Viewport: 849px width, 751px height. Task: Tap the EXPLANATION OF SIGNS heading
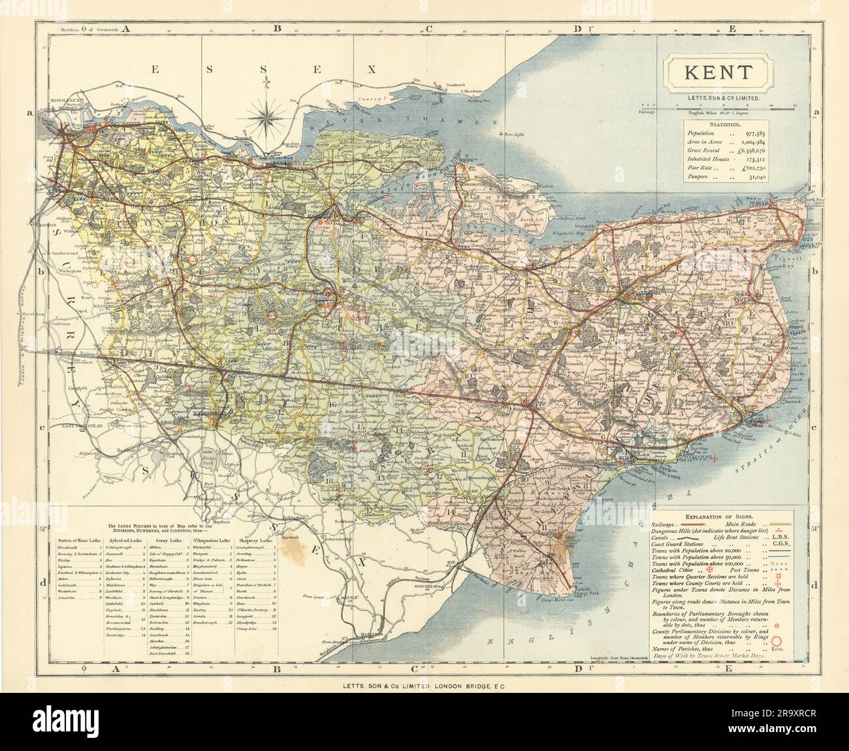point(718,515)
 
